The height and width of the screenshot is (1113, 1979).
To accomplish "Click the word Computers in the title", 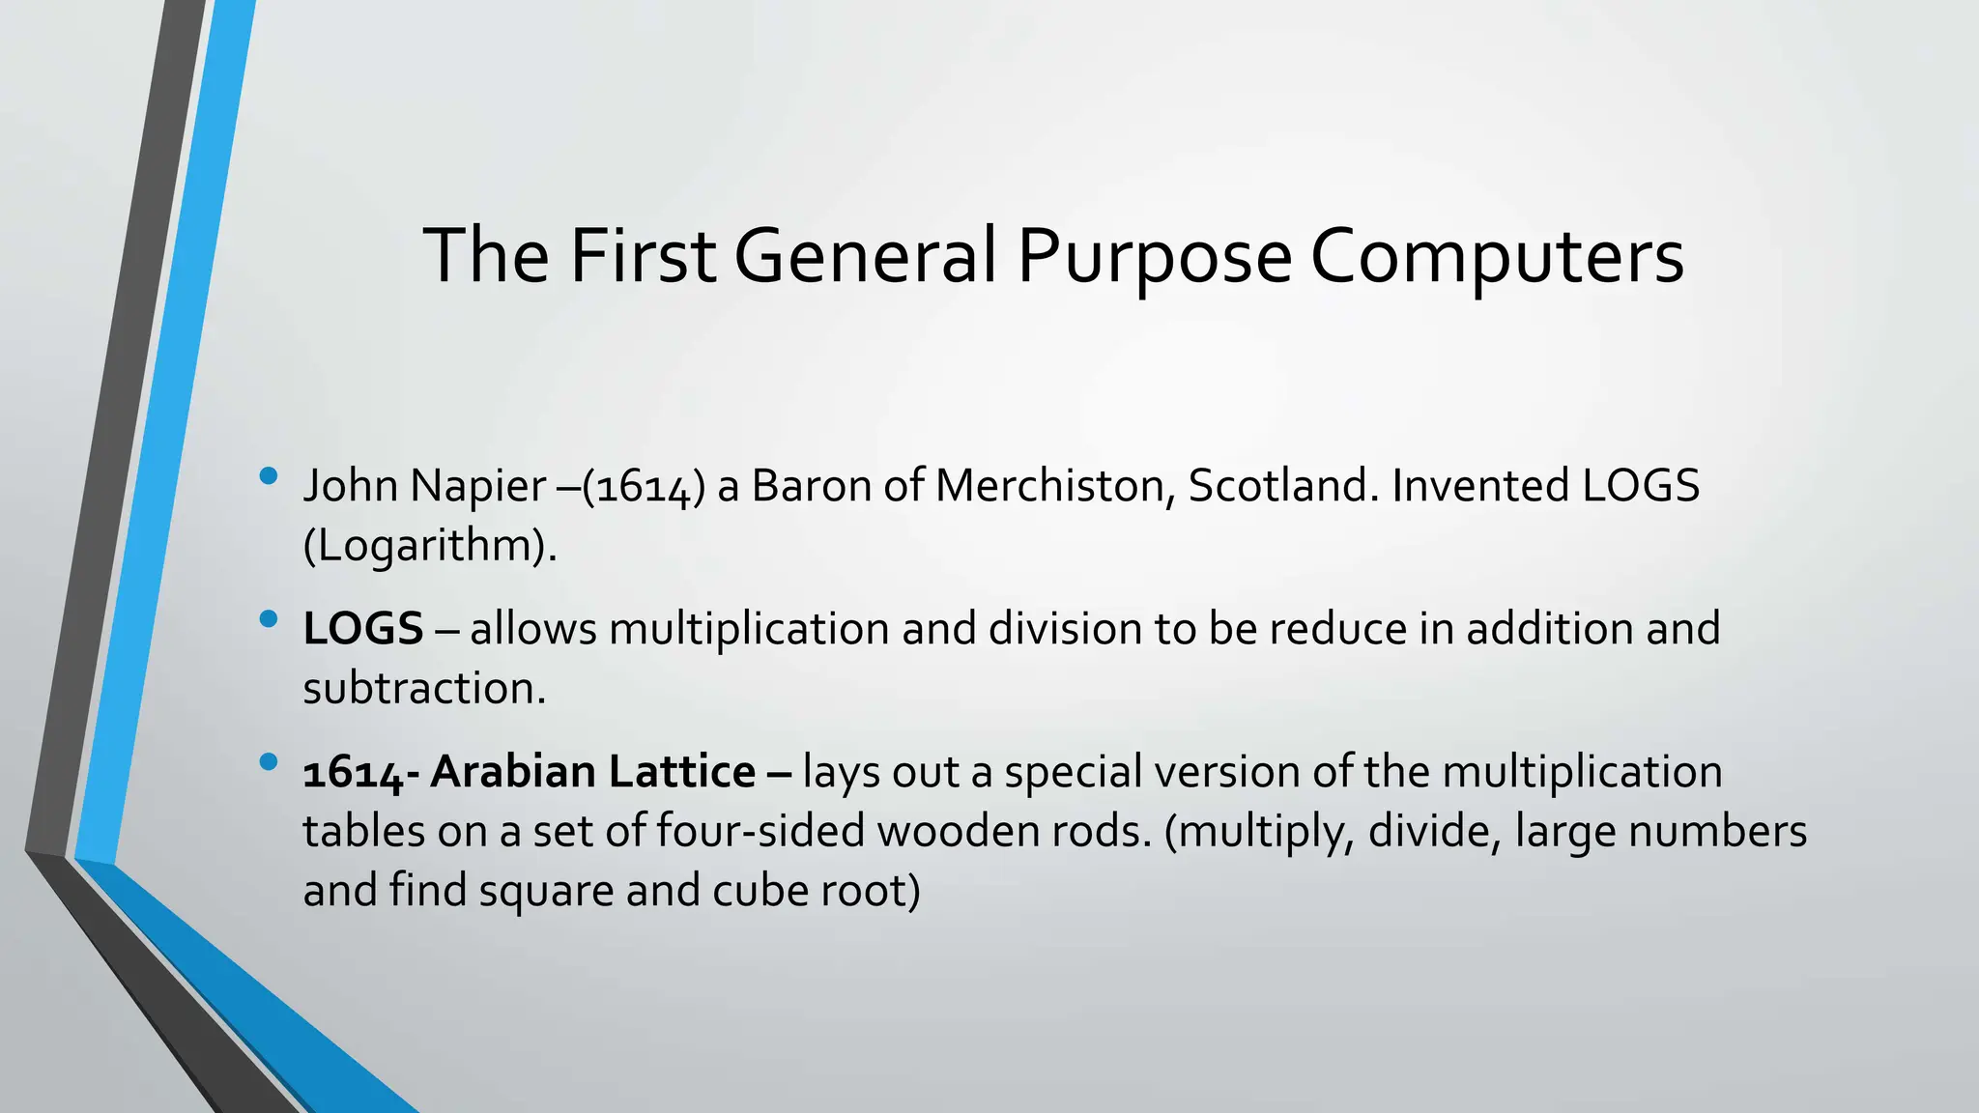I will pos(1497,256).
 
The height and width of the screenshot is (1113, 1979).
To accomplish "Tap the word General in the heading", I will pos(865,256).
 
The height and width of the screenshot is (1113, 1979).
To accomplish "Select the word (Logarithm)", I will pos(430,547).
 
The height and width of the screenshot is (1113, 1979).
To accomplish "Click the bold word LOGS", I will pos(363,629).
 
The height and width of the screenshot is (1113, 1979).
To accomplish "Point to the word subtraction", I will pos(424,689).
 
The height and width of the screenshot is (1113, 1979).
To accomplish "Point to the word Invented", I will pos(1479,485).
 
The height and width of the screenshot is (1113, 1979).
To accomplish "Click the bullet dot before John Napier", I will pos(269,475).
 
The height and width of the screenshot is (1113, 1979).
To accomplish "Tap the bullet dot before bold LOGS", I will pos(269,618).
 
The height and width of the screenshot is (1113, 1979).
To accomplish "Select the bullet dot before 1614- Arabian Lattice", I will pos(269,761).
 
